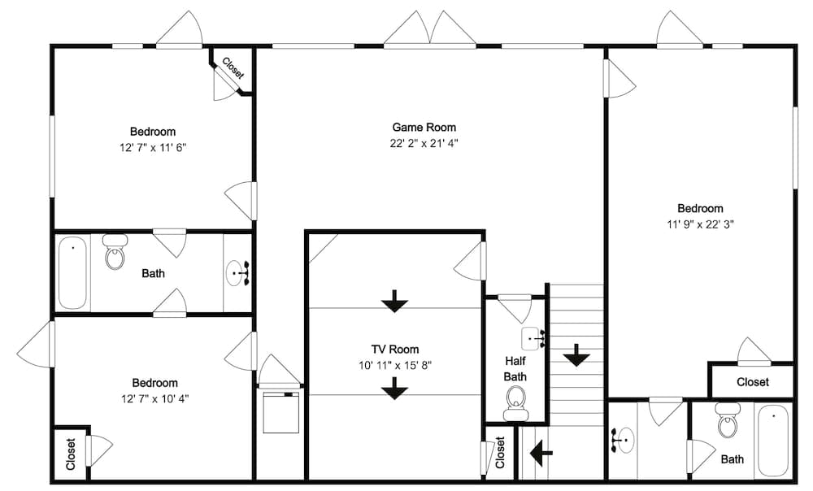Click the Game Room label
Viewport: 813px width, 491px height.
pos(424,127)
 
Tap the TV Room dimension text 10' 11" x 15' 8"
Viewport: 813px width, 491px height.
pos(394,365)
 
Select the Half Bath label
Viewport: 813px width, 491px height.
pos(515,368)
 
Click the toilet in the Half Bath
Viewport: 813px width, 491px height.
pos(515,402)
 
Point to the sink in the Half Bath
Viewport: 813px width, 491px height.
pos(533,335)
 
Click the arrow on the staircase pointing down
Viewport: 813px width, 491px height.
pos(576,354)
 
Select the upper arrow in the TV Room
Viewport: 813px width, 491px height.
pos(395,301)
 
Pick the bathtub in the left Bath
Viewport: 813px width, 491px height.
pos(72,272)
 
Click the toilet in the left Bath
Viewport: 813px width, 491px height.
pos(115,253)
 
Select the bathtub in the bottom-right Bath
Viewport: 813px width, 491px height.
pos(773,441)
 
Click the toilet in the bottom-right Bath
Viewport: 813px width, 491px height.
pos(728,421)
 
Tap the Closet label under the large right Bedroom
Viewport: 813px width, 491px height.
pos(752,382)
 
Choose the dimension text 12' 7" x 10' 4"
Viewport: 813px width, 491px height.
pos(154,398)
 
